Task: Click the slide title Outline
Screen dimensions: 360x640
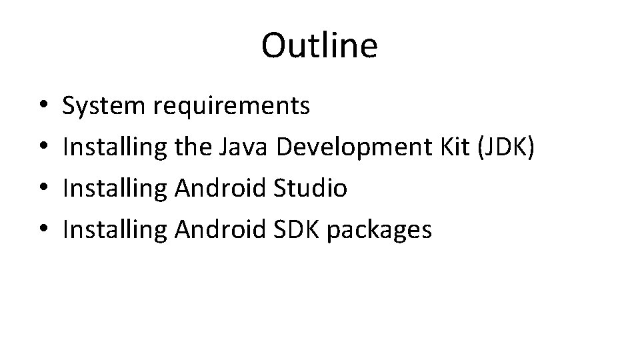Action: [319, 45]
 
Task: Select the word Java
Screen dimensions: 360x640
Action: [243, 147]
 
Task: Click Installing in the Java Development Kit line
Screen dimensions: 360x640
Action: [115, 148]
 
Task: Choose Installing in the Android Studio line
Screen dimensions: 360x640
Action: [115, 189]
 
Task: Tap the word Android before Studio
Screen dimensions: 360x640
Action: [223, 189]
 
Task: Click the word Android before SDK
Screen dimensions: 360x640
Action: [223, 230]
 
